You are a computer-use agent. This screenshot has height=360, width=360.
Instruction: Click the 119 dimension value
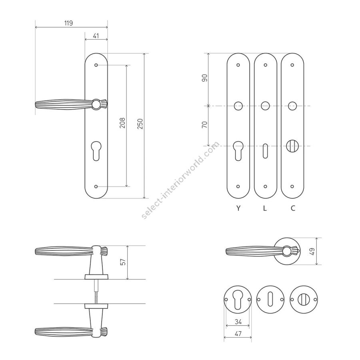pos(68,23)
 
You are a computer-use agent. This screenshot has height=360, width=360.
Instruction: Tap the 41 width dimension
pos(96,36)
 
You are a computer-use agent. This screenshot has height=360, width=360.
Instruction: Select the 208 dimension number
pos(123,123)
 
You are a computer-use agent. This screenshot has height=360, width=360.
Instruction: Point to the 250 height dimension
pos(140,124)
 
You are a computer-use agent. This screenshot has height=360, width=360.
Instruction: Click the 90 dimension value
pos(204,78)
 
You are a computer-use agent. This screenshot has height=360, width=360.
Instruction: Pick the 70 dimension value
pos(204,125)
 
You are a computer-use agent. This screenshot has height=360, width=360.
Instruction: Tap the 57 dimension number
pos(123,262)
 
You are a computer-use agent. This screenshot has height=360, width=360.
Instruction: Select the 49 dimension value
pos(312,252)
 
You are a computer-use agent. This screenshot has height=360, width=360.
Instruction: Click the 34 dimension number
pos(238,322)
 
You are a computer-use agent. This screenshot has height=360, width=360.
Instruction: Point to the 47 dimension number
pos(238,333)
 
